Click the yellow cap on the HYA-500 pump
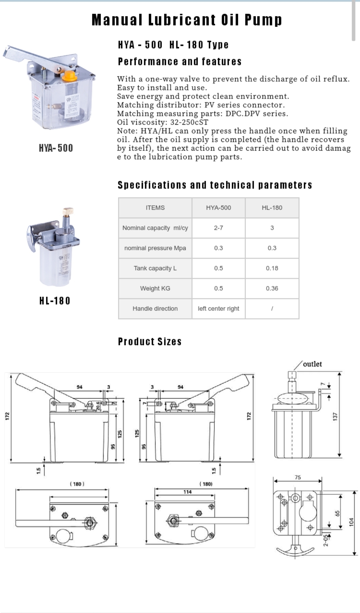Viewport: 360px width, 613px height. pos(69,75)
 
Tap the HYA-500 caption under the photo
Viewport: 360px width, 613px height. pos(56,148)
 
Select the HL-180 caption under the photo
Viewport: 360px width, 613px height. pos(55,301)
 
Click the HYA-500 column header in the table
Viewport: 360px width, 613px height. pos(218,208)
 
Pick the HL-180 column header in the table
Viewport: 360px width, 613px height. pos(272,208)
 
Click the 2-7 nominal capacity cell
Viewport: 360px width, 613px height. pos(218,228)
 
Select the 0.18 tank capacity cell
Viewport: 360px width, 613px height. pos(272,268)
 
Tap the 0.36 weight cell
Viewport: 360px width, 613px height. pos(272,288)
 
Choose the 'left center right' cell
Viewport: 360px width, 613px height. pos(218,309)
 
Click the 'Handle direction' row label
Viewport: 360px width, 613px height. pos(155,309)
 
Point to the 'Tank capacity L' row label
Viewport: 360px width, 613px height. pos(155,268)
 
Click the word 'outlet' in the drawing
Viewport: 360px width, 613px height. pos(312,364)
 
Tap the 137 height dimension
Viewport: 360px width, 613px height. pos(335,416)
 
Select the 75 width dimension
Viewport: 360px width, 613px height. pos(298,477)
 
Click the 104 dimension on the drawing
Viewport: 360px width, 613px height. pos(351,522)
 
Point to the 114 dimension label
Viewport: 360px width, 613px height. pos(187,492)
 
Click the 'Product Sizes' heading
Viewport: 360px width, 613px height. pos(150,342)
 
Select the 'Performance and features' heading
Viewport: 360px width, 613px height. pos(180,62)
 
